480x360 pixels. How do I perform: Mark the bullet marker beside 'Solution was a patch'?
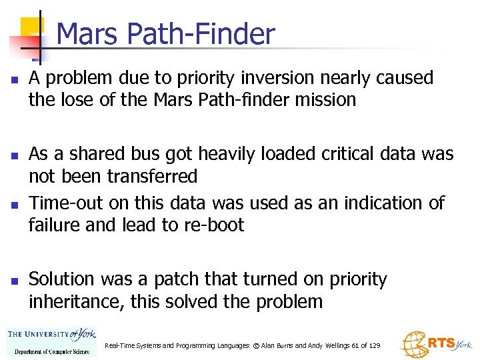[13, 280]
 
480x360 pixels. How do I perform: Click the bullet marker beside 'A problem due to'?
[13, 79]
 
